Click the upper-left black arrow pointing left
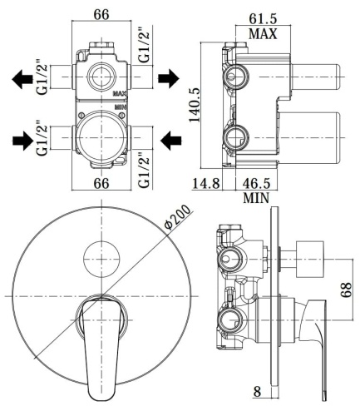pyautogui.click(x=20, y=79)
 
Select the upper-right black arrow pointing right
pyautogui.click(x=167, y=79)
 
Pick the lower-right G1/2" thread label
pyautogui.click(x=145, y=166)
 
